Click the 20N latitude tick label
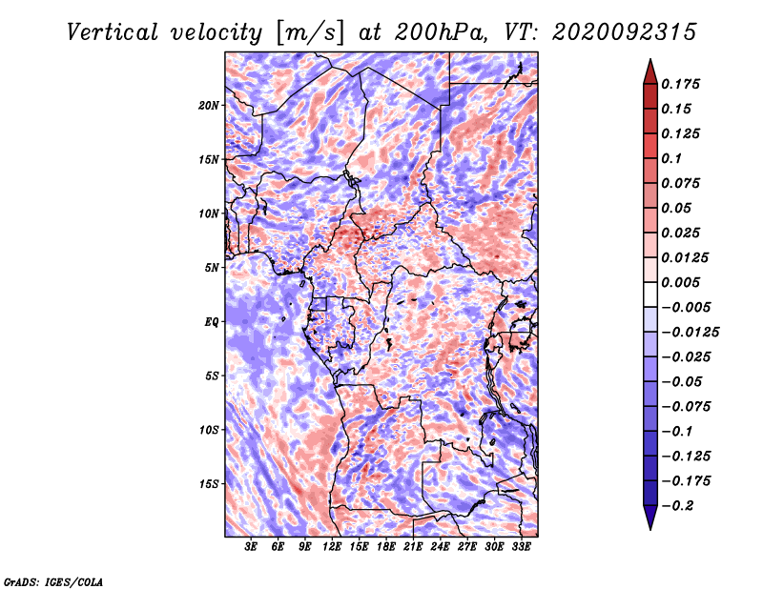(209, 105)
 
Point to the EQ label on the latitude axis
(211, 321)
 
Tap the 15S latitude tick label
(209, 483)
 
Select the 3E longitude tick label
(252, 547)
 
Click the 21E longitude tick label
(413, 547)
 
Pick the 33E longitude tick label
(521, 547)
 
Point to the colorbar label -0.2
(679, 505)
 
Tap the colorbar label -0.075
(691, 406)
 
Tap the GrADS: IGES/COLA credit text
(52, 580)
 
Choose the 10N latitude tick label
(209, 213)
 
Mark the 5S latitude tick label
(212, 376)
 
